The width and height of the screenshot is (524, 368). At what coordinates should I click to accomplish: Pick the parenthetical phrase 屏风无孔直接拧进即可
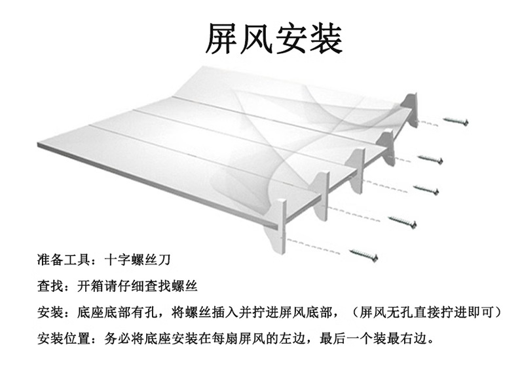[x=426, y=311]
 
